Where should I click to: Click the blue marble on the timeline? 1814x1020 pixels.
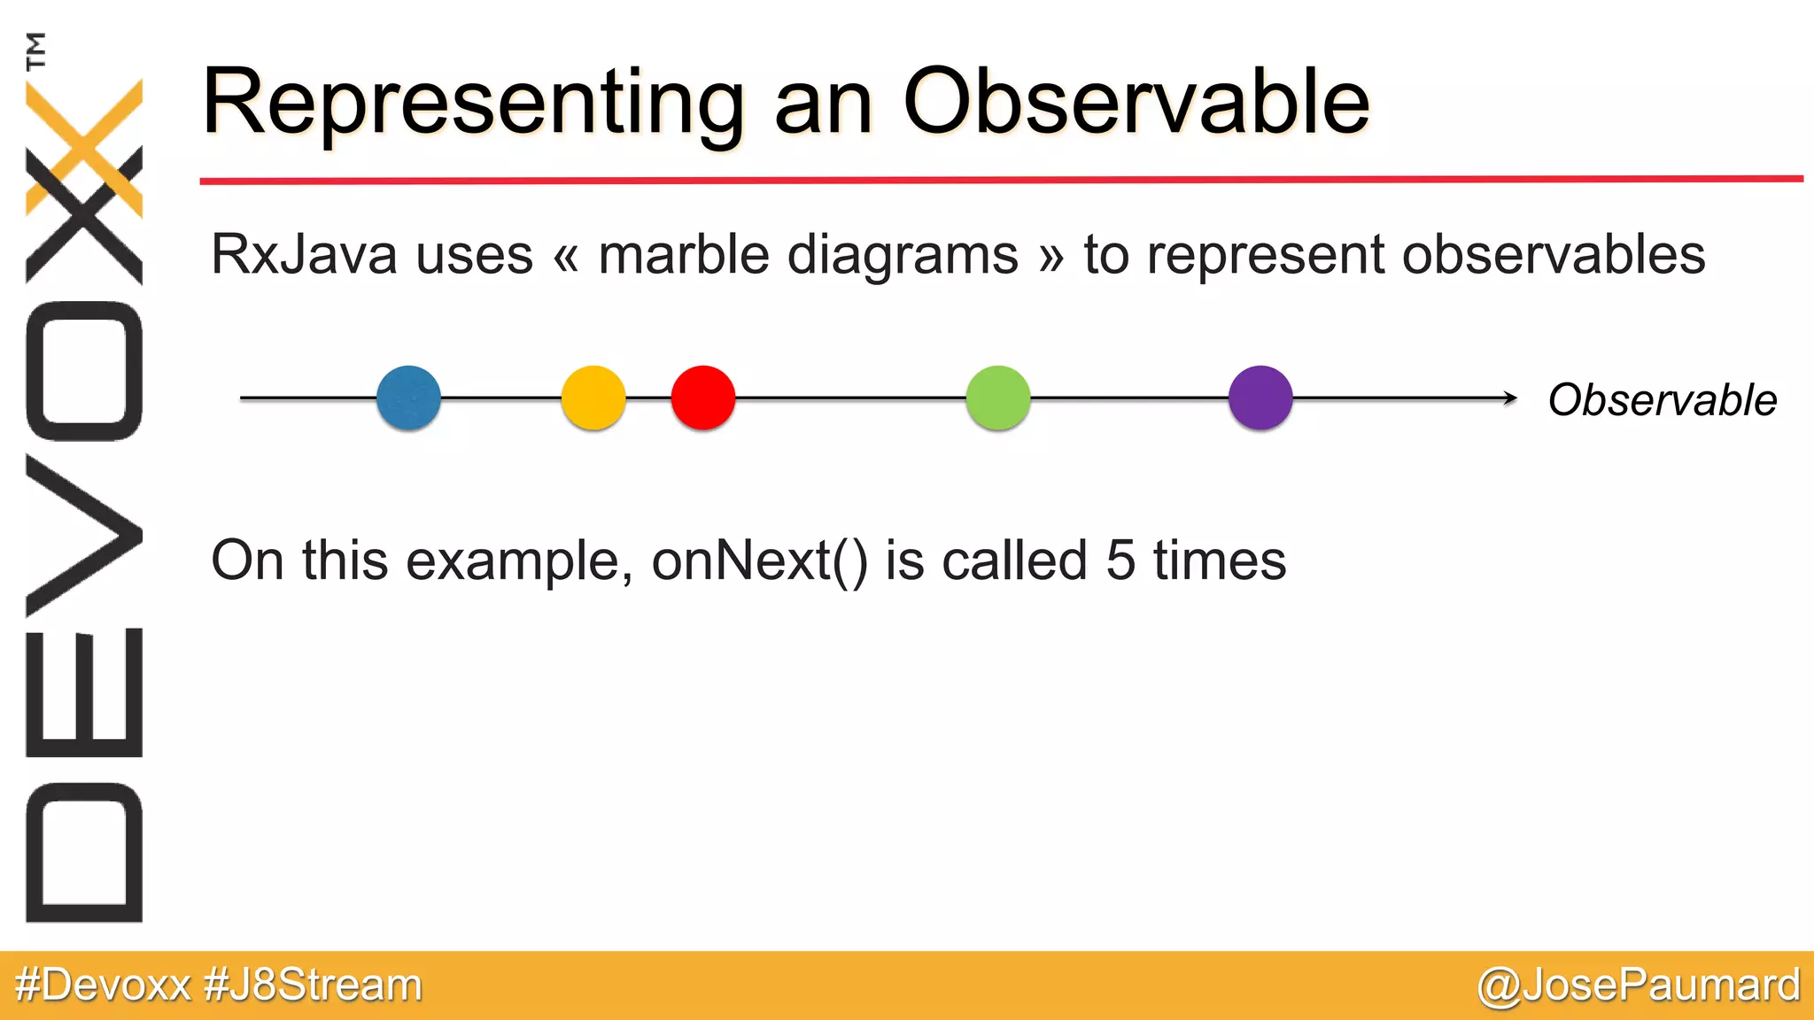[x=408, y=398]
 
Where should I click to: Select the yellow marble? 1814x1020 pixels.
[x=593, y=398]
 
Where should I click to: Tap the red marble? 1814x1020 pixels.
[x=703, y=398]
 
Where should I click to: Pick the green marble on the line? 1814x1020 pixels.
[x=998, y=398]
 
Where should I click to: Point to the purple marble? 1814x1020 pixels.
[x=1260, y=398]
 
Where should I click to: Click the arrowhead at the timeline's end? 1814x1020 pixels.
[x=1510, y=398]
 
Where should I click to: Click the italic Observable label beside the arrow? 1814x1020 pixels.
[x=1662, y=400]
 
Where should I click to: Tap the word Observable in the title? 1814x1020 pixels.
[x=1136, y=103]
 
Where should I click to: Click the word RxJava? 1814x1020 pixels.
[x=304, y=255]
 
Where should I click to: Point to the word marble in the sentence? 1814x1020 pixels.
[x=684, y=255]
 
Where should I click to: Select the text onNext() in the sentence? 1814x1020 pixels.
[x=760, y=560]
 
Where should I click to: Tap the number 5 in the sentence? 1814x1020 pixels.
[x=1120, y=560]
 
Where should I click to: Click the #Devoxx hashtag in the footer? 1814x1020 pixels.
[x=103, y=985]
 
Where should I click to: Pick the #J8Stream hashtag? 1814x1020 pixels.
[x=313, y=985]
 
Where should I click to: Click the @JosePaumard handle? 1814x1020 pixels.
[x=1639, y=985]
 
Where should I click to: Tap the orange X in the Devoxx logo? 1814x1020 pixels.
[x=84, y=146]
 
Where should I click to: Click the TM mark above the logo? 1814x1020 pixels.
[x=36, y=50]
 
